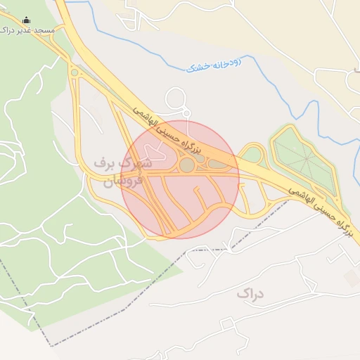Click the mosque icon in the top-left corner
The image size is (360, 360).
click(27, 20)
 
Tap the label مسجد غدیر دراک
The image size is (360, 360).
click(27, 31)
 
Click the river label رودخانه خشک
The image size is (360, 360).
click(214, 65)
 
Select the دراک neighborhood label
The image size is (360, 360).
click(249, 292)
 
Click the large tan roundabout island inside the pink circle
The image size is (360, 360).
click(187, 165)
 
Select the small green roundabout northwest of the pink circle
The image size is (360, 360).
click(74, 72)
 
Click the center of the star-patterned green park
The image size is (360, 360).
click(306, 159)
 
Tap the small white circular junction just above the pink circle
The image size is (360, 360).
click(186, 113)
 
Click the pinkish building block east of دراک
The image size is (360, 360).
click(352, 278)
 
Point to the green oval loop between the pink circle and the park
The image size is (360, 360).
click(252, 154)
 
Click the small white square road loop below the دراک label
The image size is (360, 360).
click(226, 324)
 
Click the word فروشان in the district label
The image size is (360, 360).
click(122, 181)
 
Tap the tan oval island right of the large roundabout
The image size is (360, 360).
click(218, 165)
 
